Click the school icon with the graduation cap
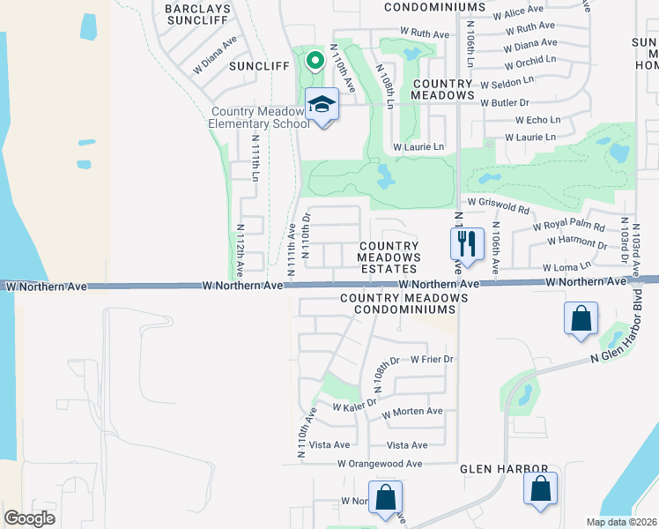pos(322,106)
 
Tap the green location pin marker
pos(315,61)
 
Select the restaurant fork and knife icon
pos(467,242)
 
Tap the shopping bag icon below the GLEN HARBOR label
pos(540,489)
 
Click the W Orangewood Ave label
pos(380,464)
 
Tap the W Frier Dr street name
pos(432,359)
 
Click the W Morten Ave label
pos(411,412)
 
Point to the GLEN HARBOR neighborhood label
pos(504,470)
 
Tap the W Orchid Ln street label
pos(530,60)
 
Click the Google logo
pos(29,518)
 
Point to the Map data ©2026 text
pos(621,522)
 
